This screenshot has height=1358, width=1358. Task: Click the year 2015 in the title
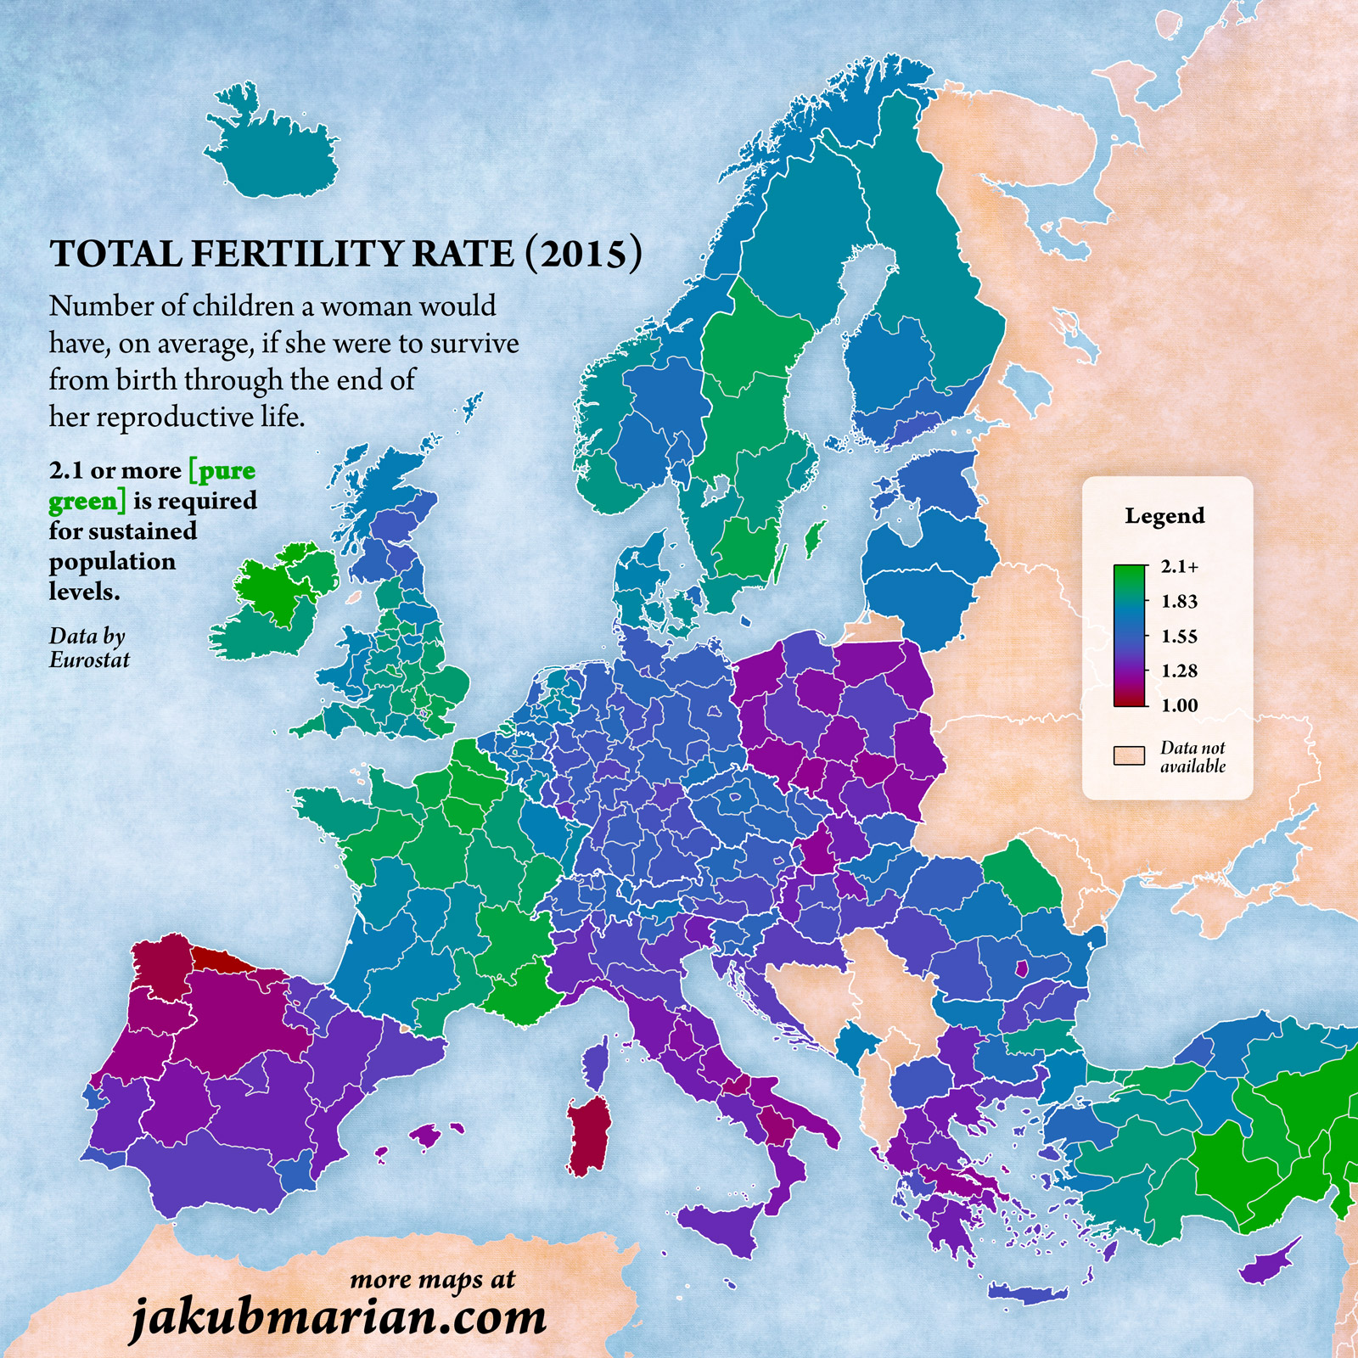click(x=584, y=254)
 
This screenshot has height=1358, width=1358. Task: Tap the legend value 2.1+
click(x=1180, y=567)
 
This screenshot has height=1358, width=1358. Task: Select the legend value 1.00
click(x=1179, y=705)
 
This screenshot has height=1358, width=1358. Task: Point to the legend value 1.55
click(x=1179, y=637)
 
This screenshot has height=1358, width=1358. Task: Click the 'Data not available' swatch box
click(x=1129, y=755)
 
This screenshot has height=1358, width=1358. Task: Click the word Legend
click(x=1164, y=516)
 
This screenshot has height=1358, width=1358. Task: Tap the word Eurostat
click(x=89, y=660)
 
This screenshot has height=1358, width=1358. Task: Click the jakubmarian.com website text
click(x=338, y=1317)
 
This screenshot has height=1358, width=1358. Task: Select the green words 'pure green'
click(x=153, y=485)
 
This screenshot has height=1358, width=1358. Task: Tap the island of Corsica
click(x=597, y=1066)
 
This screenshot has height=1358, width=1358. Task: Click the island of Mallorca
click(x=428, y=1134)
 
